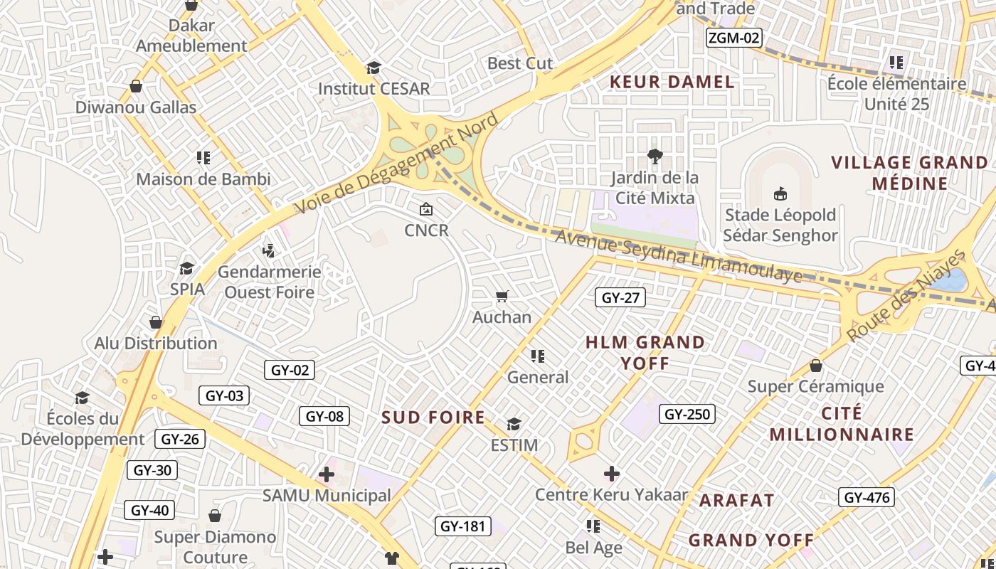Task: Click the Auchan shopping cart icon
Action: click(502, 296)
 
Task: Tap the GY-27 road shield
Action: click(620, 297)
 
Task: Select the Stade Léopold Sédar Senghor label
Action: click(781, 225)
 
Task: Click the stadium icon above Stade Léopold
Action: click(780, 193)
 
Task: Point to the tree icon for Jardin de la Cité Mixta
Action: click(655, 156)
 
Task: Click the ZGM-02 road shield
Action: click(733, 38)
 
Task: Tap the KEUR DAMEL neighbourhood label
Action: click(672, 82)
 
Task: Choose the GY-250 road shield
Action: click(687, 413)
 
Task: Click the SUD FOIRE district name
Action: click(433, 418)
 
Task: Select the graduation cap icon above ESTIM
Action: click(514, 425)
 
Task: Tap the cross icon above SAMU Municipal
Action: click(327, 474)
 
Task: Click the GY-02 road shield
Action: click(290, 370)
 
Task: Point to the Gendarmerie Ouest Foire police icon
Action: click(268, 250)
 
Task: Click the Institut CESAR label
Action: click(373, 89)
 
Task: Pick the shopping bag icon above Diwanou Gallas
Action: click(136, 86)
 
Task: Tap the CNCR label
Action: click(427, 230)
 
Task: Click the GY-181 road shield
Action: click(462, 526)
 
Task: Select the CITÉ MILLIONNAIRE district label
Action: click(842, 424)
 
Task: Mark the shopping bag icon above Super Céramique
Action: click(816, 366)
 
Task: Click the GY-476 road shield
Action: click(867, 497)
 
